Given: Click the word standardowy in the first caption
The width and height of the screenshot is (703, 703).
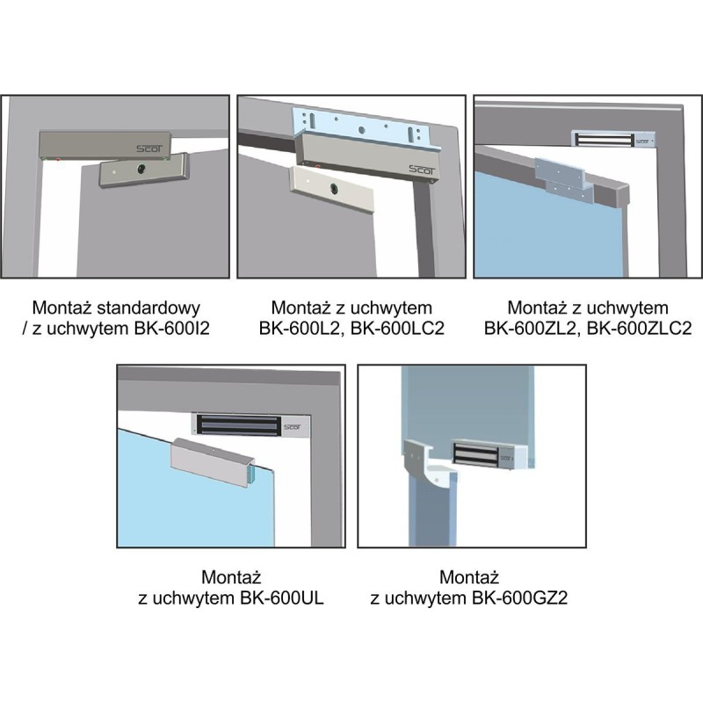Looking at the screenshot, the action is pos(149,308).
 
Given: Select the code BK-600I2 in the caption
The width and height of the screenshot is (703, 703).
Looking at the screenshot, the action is pos(172,329).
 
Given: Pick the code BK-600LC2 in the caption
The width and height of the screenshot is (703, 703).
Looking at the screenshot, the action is pos(397,329).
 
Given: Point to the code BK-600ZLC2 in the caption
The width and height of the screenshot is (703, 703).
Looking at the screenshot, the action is pos(640,329).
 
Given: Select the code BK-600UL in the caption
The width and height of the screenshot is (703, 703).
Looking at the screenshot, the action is pos(281,598).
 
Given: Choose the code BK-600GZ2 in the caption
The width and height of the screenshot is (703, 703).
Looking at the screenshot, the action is pos(520,598).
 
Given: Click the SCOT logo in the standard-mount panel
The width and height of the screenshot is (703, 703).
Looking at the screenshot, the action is pos(149,149).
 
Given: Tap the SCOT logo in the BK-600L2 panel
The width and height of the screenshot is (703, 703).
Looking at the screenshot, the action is pos(422,170).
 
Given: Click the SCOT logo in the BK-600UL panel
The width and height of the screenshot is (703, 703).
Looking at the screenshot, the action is pos(292,427).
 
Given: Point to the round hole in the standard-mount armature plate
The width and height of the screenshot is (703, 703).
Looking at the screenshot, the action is pos(141,169).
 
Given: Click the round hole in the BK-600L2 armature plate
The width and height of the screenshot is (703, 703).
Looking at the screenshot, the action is pos(334,189).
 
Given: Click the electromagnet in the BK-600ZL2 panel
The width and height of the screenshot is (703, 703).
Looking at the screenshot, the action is pos(612,139).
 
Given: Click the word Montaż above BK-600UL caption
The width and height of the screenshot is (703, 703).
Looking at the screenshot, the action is pos(231,577).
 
